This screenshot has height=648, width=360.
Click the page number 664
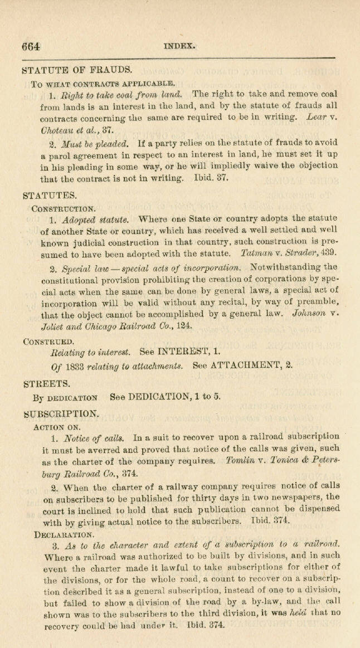(31, 47)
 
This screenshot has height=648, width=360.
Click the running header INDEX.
(179, 46)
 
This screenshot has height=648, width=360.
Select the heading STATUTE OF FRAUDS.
(77, 71)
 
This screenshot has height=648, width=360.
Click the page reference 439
(328, 253)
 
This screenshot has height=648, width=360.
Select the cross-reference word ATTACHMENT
(260, 367)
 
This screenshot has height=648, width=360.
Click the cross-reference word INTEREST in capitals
(182, 353)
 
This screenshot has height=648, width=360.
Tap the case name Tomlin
(241, 461)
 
